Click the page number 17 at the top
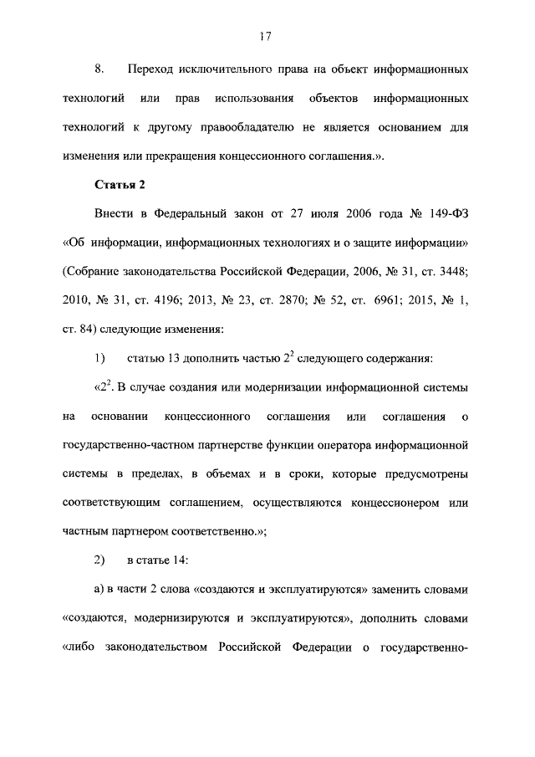pos(267,36)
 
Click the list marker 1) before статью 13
pos(99,359)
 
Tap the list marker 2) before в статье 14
pos(99,560)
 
